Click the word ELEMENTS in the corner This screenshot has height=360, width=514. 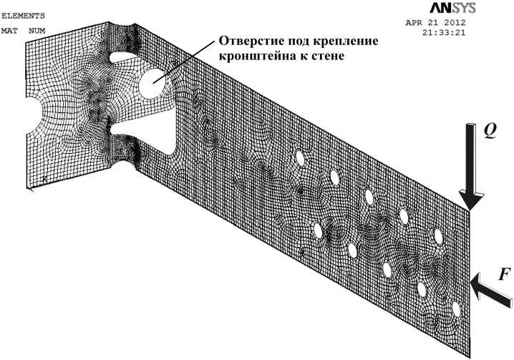(24, 14)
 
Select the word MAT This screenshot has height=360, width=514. (10, 31)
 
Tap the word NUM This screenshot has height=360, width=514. (36, 31)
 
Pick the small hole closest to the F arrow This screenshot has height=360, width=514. (455, 310)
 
